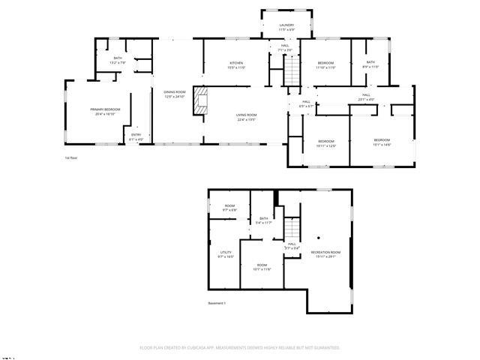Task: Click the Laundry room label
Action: [286, 26]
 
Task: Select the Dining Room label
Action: [174, 94]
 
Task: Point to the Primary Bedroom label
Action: [103, 112]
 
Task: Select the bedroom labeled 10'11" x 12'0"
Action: [325, 143]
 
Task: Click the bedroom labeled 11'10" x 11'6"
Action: [325, 64]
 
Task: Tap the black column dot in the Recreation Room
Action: [318, 237]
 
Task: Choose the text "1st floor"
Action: [71, 158]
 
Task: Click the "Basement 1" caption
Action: [217, 303]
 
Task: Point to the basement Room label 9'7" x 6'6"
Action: [229, 208]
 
